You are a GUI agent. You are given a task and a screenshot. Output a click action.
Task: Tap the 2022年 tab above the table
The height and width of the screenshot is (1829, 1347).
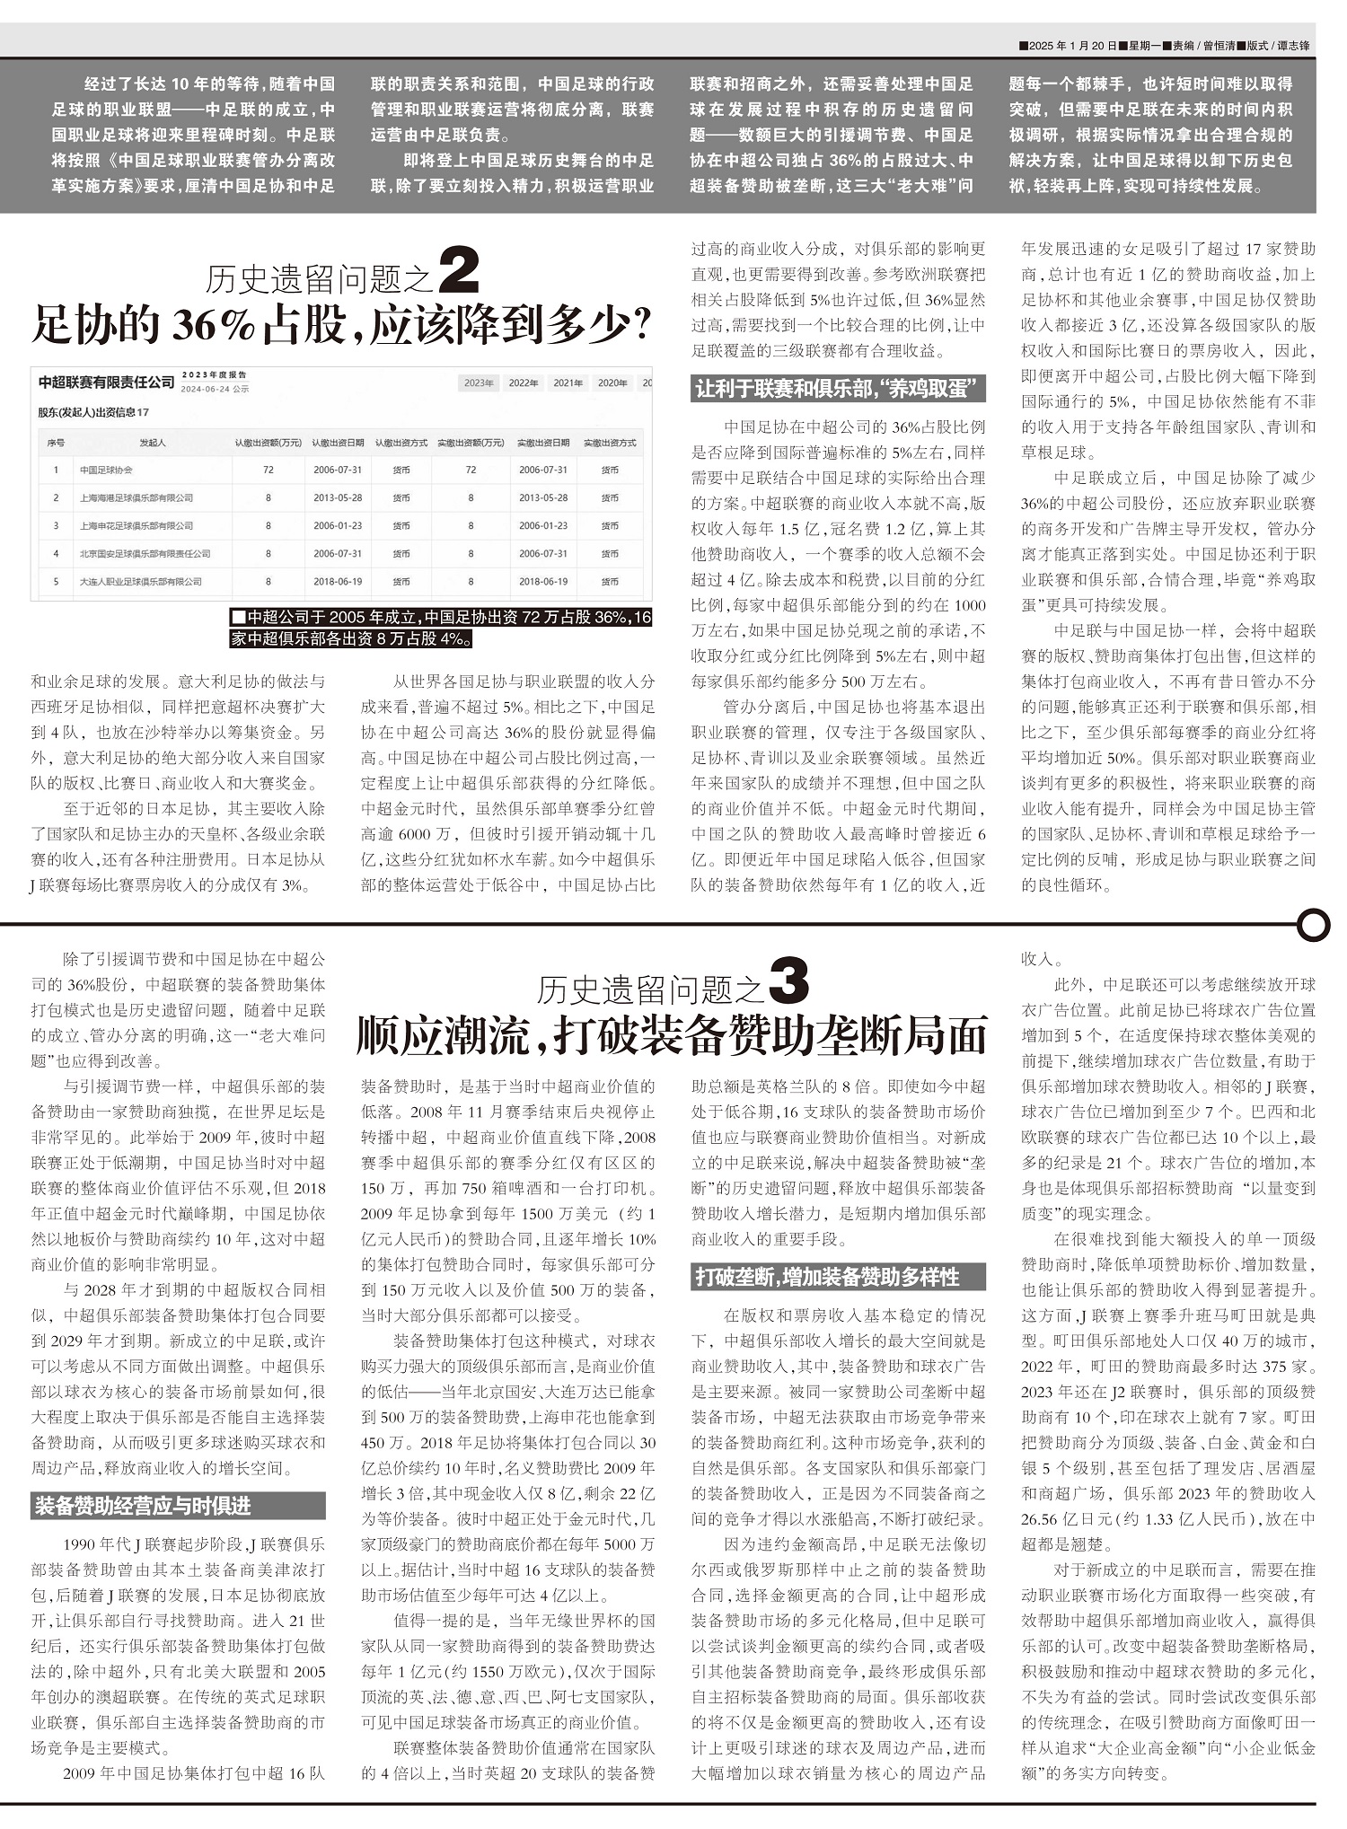[x=524, y=383]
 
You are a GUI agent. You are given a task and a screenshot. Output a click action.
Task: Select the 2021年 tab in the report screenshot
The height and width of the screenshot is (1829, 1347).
[x=568, y=383]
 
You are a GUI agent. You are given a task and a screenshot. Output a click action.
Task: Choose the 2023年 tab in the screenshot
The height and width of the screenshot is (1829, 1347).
[x=479, y=383]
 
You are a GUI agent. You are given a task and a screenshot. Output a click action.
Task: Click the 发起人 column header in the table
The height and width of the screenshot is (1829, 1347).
[x=153, y=443]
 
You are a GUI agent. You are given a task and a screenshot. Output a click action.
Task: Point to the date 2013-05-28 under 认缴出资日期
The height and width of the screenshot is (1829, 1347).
[x=338, y=497]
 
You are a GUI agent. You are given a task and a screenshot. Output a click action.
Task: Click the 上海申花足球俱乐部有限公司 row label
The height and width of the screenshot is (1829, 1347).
[x=136, y=525]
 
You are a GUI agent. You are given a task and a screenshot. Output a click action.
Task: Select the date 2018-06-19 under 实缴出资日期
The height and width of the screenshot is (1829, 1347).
[x=543, y=582]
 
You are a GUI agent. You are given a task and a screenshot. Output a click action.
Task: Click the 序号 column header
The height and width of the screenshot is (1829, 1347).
[x=56, y=443]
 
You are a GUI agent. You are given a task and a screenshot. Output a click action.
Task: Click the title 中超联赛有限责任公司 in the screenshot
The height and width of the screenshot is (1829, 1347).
[x=106, y=383]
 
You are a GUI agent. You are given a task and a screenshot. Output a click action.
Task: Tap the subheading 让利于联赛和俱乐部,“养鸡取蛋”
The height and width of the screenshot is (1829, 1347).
[x=838, y=389]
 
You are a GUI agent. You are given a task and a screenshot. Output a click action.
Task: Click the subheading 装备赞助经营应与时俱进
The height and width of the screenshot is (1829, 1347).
[x=144, y=1506]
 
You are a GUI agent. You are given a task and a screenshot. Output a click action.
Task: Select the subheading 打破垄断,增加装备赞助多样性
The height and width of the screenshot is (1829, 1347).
[x=827, y=1277]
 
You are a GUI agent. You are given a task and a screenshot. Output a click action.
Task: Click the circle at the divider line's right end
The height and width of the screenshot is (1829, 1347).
[x=1313, y=924]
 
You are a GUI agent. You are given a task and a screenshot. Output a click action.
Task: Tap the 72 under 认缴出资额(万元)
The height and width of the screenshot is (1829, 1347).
[x=269, y=470]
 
